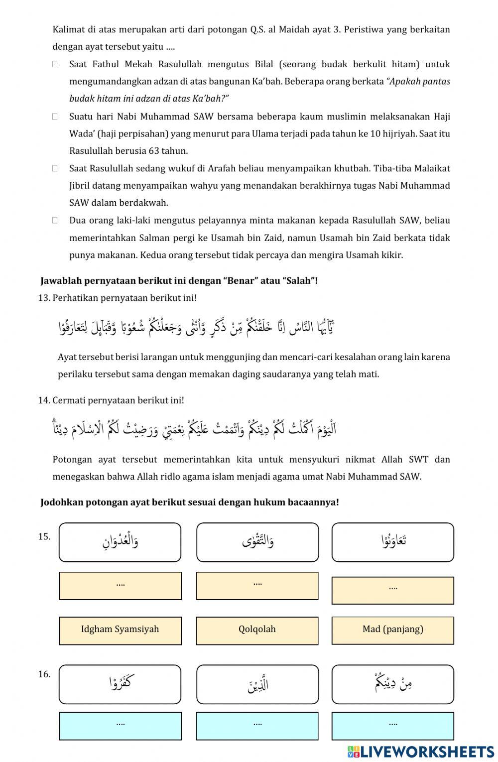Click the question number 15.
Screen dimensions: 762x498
point(44,537)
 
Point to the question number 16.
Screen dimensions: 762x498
point(44,674)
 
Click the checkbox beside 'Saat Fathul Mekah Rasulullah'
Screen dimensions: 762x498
point(55,64)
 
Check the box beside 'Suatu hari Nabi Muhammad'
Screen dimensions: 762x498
point(55,117)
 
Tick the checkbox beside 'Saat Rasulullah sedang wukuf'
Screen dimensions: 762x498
point(55,168)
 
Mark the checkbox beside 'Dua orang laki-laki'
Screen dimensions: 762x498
point(55,220)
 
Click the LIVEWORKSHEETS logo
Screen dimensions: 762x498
point(421,751)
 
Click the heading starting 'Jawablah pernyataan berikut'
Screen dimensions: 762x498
point(179,281)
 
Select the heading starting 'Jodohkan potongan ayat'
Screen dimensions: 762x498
point(189,502)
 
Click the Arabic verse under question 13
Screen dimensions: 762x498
point(197,328)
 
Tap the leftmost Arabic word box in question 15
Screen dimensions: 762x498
point(120,542)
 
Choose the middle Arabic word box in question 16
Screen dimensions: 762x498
point(257,684)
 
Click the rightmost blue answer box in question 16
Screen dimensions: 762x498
point(392,726)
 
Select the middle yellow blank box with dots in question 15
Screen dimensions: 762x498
point(257,586)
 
